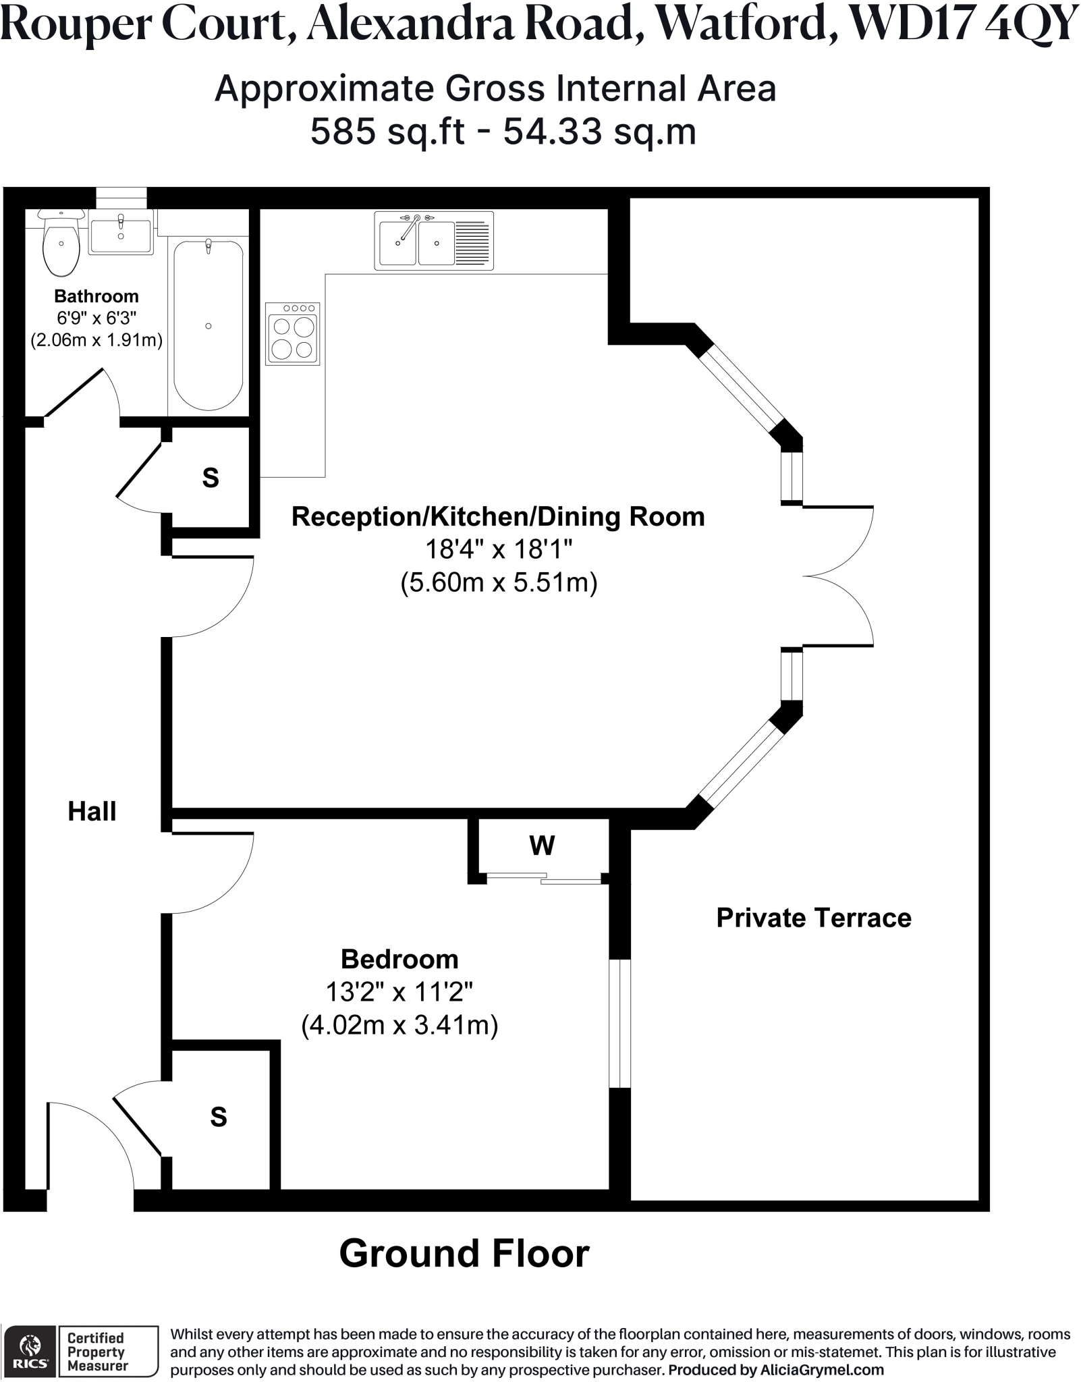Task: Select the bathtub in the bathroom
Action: coord(209,325)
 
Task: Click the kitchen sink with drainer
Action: coord(434,241)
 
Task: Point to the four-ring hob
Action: coord(293,334)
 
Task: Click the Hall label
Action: coord(92,811)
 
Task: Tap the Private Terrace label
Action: coord(813,918)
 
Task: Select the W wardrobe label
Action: coord(542,845)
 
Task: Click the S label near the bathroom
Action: coord(211,478)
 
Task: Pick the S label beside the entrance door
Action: coord(218,1117)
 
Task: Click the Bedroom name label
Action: coord(399,959)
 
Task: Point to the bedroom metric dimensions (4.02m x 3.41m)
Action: coord(399,1025)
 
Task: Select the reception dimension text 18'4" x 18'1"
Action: coord(499,549)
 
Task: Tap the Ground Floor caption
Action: coord(464,1254)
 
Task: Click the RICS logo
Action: coord(30,1352)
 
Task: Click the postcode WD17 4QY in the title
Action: coord(962,24)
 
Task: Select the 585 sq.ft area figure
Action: coord(387,131)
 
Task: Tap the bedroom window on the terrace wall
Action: coord(619,1023)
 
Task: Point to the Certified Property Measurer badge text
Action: coord(96,1352)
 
